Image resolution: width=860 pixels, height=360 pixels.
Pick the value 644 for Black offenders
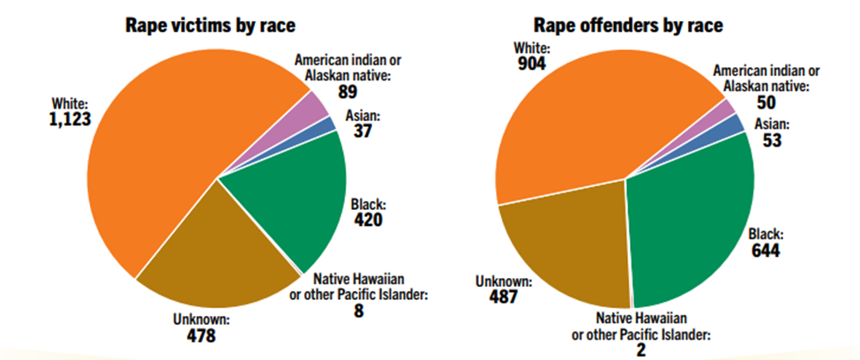point(768,251)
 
